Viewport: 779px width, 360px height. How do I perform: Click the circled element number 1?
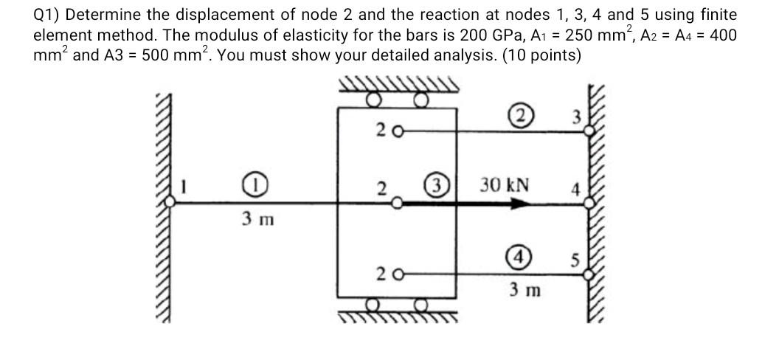pos(252,184)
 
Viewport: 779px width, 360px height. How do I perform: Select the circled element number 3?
pos(434,184)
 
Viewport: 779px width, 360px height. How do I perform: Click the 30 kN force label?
pos(505,184)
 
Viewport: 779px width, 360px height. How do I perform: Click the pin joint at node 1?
pos(171,207)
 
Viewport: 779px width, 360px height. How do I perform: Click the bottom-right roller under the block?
pos(421,306)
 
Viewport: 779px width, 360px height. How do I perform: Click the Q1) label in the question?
pos(47,15)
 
